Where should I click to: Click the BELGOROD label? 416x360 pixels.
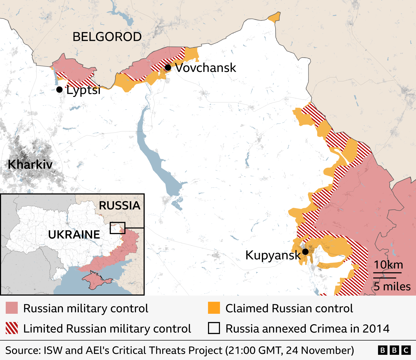tap(107, 37)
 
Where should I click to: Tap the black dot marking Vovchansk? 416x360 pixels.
tap(168, 68)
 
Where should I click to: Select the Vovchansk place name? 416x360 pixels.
tap(205, 68)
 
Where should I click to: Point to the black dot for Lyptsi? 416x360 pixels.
tap(59, 90)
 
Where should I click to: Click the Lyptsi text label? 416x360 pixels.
tap(83, 90)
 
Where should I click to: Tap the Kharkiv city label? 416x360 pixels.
tap(30, 164)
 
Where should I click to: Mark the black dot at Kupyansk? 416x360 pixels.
tap(305, 251)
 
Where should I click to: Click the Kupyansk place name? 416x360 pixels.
tap(273, 255)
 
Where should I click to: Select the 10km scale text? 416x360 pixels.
tap(388, 265)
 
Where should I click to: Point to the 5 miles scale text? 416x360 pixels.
tap(392, 286)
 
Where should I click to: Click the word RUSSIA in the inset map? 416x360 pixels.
tap(120, 205)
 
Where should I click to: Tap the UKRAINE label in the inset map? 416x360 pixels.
tap(74, 235)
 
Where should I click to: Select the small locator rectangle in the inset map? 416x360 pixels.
tap(117, 228)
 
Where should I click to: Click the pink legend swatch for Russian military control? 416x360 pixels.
tap(12, 308)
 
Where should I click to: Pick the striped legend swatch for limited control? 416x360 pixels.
tap(12, 328)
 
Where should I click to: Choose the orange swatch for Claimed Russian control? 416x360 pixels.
tap(214, 308)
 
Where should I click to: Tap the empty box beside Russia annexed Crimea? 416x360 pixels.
tap(214, 328)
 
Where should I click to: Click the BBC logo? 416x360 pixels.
tap(394, 350)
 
